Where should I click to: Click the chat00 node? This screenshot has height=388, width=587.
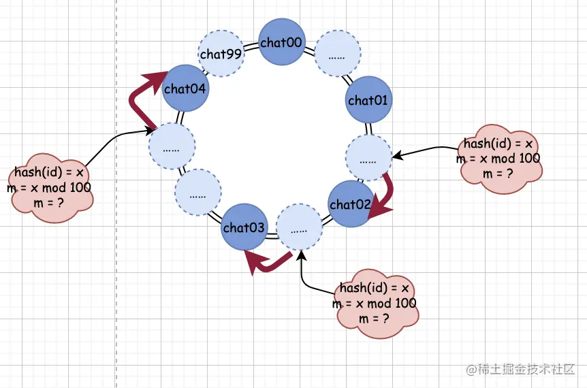(x=282, y=42)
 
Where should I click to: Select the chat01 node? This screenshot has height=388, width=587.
(x=368, y=100)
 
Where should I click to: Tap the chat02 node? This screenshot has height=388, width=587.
(x=350, y=204)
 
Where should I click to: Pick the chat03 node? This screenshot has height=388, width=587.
(x=244, y=227)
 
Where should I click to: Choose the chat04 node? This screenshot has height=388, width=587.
(x=185, y=88)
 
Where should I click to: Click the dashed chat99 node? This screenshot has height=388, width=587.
(x=221, y=54)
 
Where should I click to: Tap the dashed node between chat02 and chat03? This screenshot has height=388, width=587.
(x=298, y=229)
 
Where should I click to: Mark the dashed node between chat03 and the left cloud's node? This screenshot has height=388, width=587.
(x=197, y=194)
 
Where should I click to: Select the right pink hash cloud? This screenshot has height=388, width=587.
(x=501, y=158)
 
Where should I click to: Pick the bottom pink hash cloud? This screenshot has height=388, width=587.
(x=377, y=303)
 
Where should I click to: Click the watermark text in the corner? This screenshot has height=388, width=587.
(x=521, y=369)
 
